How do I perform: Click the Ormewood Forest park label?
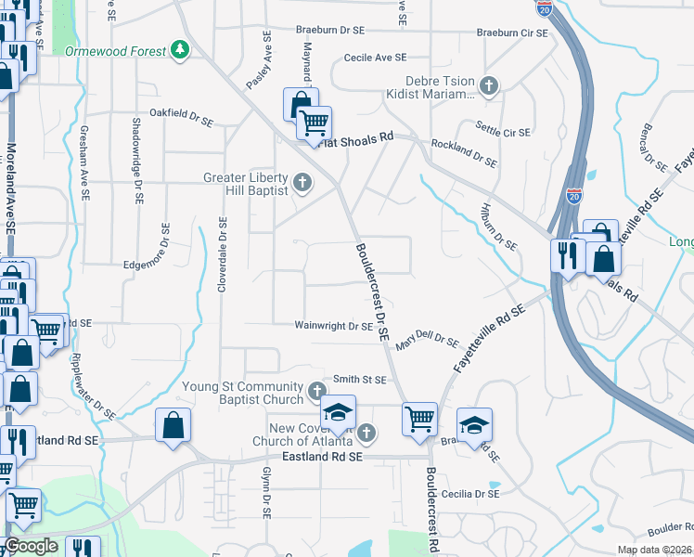click(x=116, y=51)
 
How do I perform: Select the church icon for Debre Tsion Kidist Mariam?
click(x=488, y=87)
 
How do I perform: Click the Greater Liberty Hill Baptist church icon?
click(x=302, y=181)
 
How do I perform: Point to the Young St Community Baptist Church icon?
click(x=317, y=389)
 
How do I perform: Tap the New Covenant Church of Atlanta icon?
click(x=366, y=432)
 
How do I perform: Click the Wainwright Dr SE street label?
click(x=333, y=326)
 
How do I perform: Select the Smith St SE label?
click(x=359, y=379)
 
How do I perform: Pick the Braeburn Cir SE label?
click(x=512, y=32)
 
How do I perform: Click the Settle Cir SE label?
click(x=503, y=128)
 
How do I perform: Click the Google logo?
click(x=31, y=546)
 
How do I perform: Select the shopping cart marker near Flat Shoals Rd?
click(x=315, y=123)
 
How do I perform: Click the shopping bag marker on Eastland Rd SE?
click(x=173, y=428)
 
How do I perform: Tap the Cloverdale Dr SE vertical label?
click(x=222, y=255)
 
